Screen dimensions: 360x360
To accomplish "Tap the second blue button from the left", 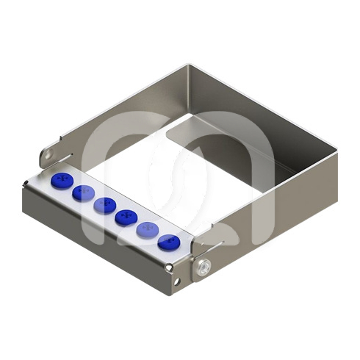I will click(82, 192).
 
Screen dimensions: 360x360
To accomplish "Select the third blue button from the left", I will click(104, 204).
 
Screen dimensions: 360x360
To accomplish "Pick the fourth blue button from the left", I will click(125, 216).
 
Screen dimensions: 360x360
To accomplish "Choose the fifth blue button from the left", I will click(146, 228).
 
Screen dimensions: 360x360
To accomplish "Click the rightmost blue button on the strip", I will click(168, 241).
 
